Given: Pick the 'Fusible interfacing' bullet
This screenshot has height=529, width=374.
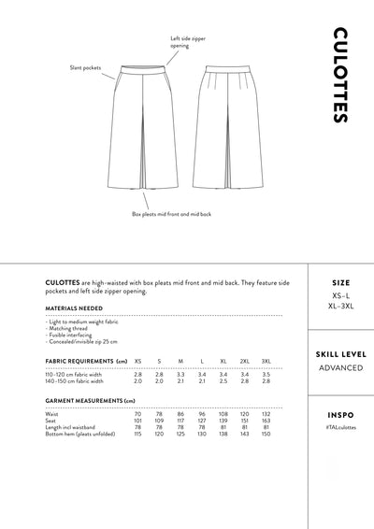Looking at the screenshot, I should (x=70, y=335).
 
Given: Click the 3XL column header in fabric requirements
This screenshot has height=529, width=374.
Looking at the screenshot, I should (x=266, y=361).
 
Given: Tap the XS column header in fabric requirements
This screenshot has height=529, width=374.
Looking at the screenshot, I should (x=137, y=361).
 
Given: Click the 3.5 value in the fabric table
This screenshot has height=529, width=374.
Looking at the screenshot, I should (x=266, y=375).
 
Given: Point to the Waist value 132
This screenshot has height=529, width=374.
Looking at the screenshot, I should (x=266, y=414).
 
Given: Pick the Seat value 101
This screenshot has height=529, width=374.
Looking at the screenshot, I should (x=137, y=421).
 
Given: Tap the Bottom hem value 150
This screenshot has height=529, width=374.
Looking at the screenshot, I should (x=266, y=434).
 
